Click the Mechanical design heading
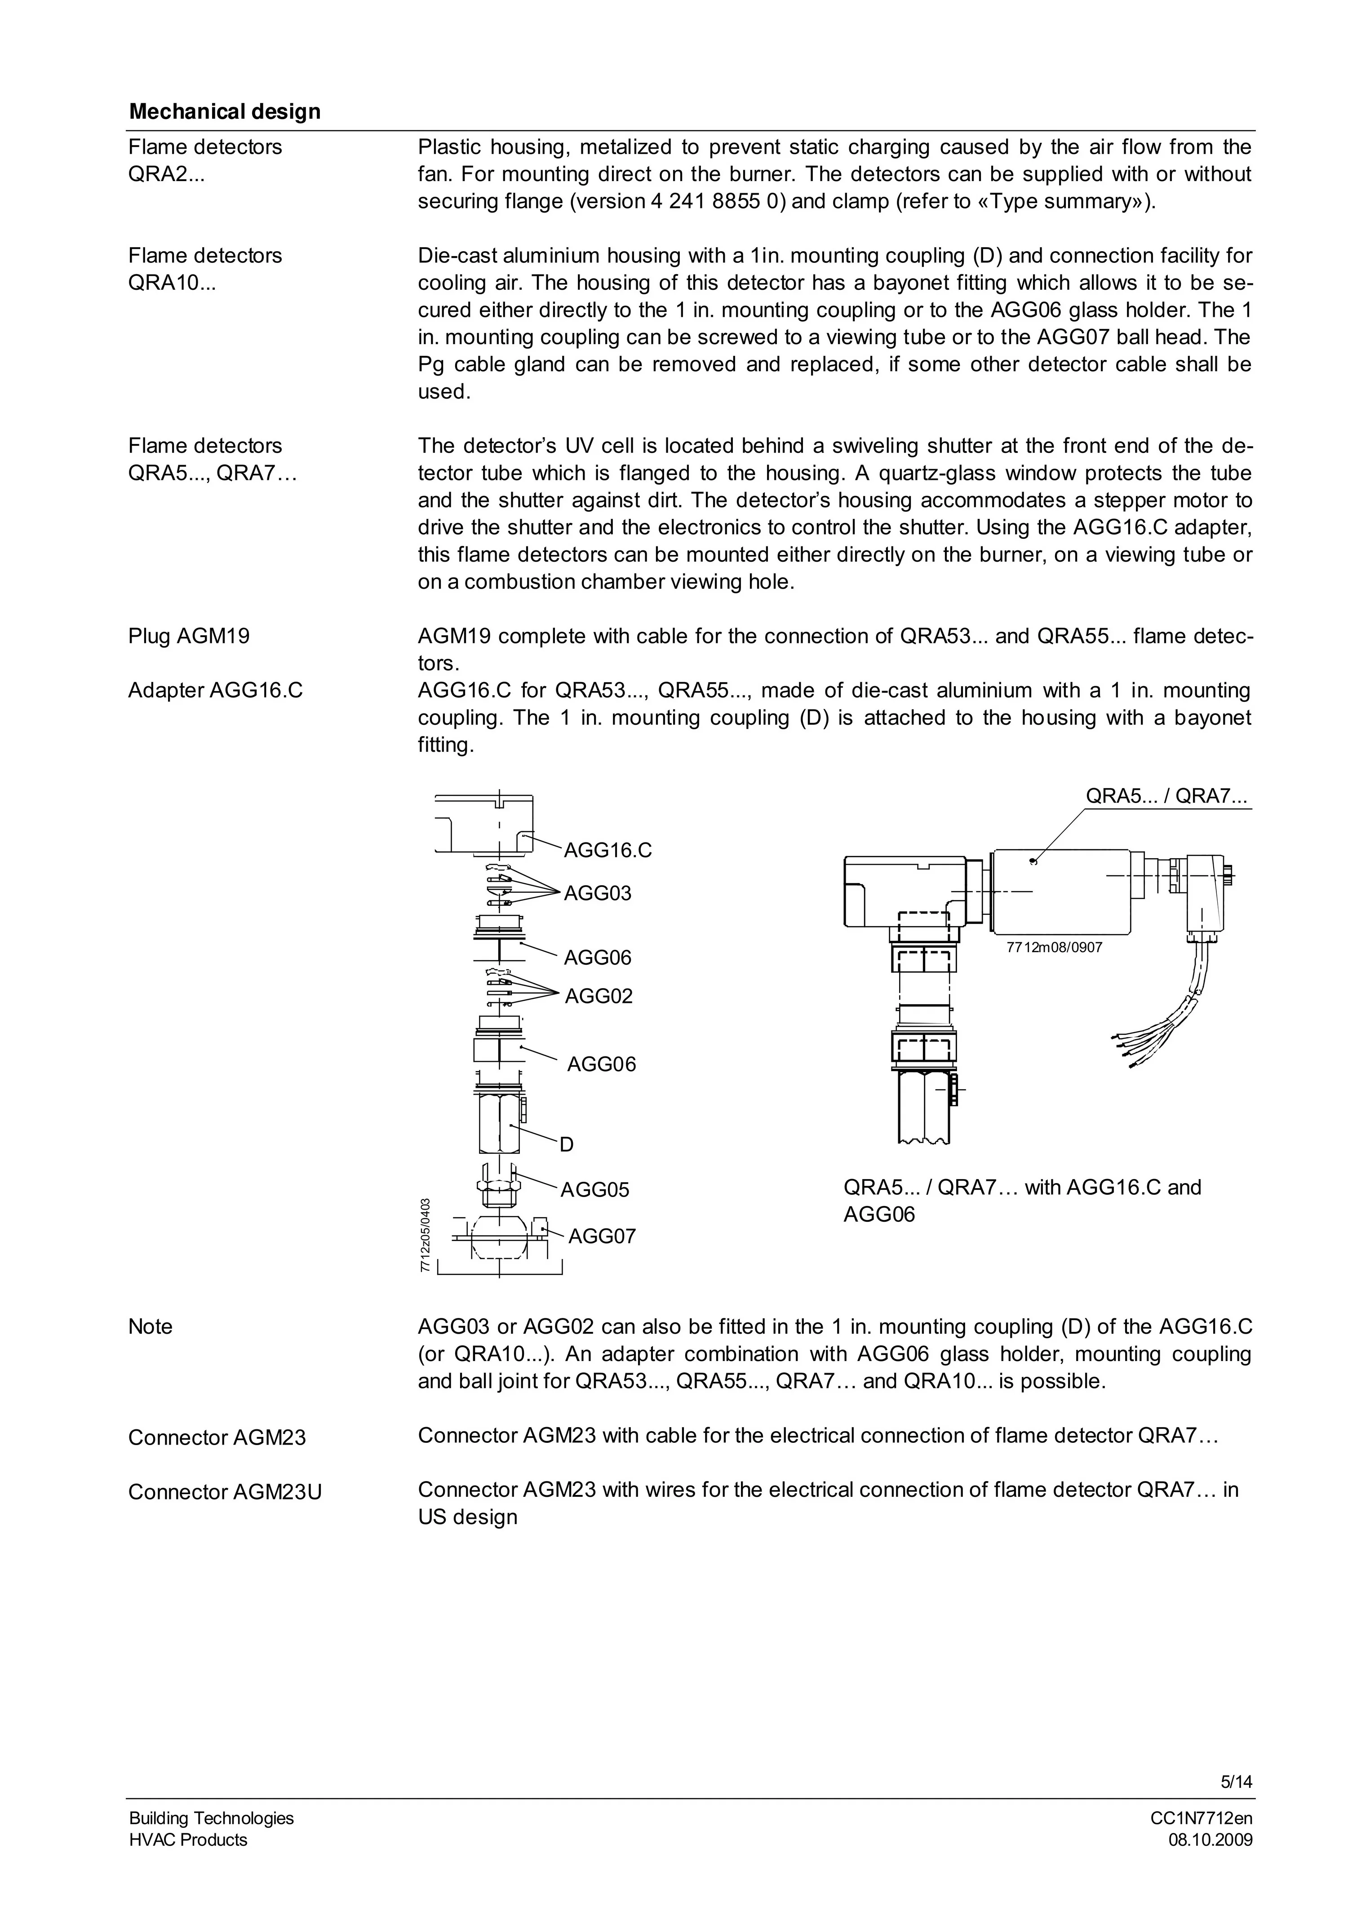(x=224, y=111)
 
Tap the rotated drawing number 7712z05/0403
(x=425, y=1235)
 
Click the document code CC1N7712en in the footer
(x=1201, y=1841)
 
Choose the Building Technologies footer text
(x=211, y=1841)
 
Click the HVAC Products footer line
(x=188, y=1863)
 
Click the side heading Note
(x=151, y=1326)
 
